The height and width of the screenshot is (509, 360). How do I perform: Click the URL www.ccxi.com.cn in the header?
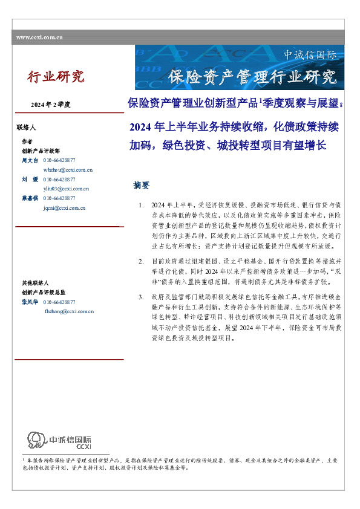[x=40, y=37]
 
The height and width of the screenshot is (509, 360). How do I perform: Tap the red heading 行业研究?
[x=56, y=77]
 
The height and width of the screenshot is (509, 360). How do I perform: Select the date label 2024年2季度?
[x=51, y=105]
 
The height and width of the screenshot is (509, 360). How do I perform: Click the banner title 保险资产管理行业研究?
[x=252, y=77]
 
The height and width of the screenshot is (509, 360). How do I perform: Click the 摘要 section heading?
[x=142, y=186]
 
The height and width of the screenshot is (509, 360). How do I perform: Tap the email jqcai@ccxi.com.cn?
[x=64, y=207]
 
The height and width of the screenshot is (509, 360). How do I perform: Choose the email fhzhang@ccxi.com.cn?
[x=69, y=311]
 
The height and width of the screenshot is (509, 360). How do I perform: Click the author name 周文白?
[x=30, y=160]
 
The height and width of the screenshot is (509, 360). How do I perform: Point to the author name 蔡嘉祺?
[x=30, y=198]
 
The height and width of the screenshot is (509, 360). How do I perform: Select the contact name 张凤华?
[x=30, y=302]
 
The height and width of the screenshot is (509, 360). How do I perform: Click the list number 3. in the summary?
[x=141, y=297]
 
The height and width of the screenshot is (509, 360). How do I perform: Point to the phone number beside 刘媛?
[x=59, y=180]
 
